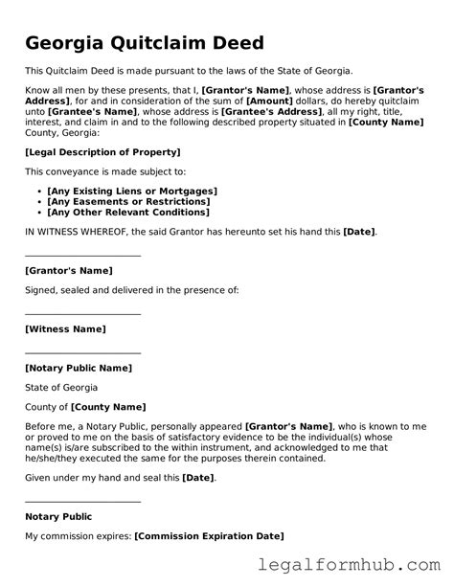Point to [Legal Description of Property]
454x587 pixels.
102,152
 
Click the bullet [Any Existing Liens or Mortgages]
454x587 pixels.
132,192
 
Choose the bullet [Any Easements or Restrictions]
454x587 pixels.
127,201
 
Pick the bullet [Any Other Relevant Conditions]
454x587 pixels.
128,212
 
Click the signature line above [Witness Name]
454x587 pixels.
82,312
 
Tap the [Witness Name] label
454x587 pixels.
65,328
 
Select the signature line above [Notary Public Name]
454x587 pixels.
82,351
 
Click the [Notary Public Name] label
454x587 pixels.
79,368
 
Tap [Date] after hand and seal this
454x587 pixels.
198,477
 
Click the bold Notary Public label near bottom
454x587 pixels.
59,517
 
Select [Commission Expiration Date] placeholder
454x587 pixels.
209,536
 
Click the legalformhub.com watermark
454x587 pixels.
365,568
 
